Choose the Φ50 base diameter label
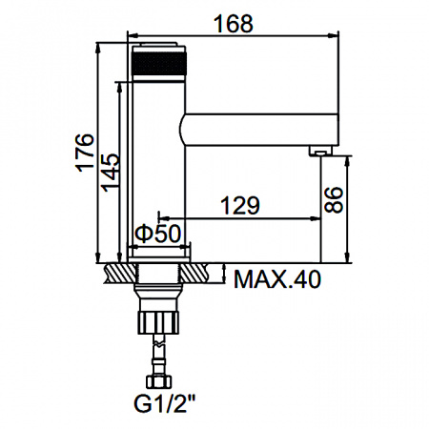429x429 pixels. click(158, 234)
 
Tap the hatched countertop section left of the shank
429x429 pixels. click(118, 274)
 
